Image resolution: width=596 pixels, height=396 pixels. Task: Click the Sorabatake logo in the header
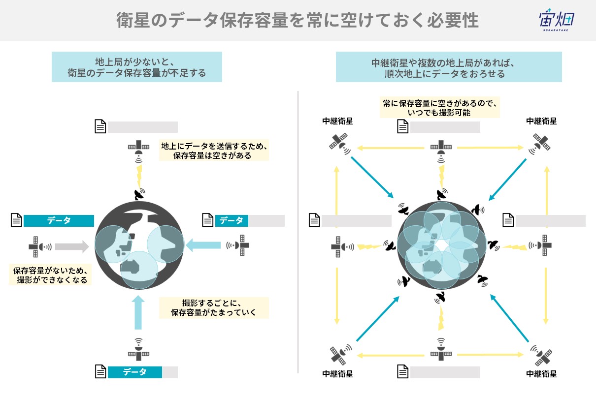pyautogui.click(x=557, y=20)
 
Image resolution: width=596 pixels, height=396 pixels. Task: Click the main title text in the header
pyautogui.click(x=298, y=20)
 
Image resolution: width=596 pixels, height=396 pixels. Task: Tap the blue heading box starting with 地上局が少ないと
pyautogui.click(x=137, y=67)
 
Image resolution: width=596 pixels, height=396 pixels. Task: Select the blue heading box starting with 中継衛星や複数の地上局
pyautogui.click(x=449, y=67)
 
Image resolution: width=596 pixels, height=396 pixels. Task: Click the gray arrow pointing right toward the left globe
pyautogui.click(x=72, y=246)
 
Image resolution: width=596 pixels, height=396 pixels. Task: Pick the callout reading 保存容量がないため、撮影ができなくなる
pyautogui.click(x=50, y=275)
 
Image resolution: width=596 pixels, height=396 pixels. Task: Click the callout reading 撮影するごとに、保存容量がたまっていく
pyautogui.click(x=214, y=308)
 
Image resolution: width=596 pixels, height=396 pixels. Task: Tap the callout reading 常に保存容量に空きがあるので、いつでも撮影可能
pyautogui.click(x=439, y=107)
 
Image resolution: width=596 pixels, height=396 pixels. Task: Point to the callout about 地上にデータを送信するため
pyautogui.click(x=214, y=150)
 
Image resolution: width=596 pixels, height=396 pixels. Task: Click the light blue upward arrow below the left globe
pyautogui.click(x=138, y=312)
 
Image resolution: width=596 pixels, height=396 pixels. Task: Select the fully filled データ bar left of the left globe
pyautogui.click(x=59, y=221)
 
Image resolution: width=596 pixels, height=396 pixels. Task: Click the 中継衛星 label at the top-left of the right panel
pyautogui.click(x=337, y=121)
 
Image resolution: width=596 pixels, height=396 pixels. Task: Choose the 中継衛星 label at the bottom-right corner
pyautogui.click(x=541, y=374)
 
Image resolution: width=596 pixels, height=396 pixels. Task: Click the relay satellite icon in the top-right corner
pyautogui.click(x=540, y=144)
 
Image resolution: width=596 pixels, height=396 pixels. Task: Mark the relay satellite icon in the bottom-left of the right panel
pyautogui.click(x=340, y=355)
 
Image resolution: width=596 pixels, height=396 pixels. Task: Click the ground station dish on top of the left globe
pyautogui.click(x=139, y=194)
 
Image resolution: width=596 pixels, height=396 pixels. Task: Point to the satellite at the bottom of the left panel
pyautogui.click(x=138, y=349)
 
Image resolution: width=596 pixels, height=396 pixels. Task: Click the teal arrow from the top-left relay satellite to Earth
pyautogui.click(x=372, y=177)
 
